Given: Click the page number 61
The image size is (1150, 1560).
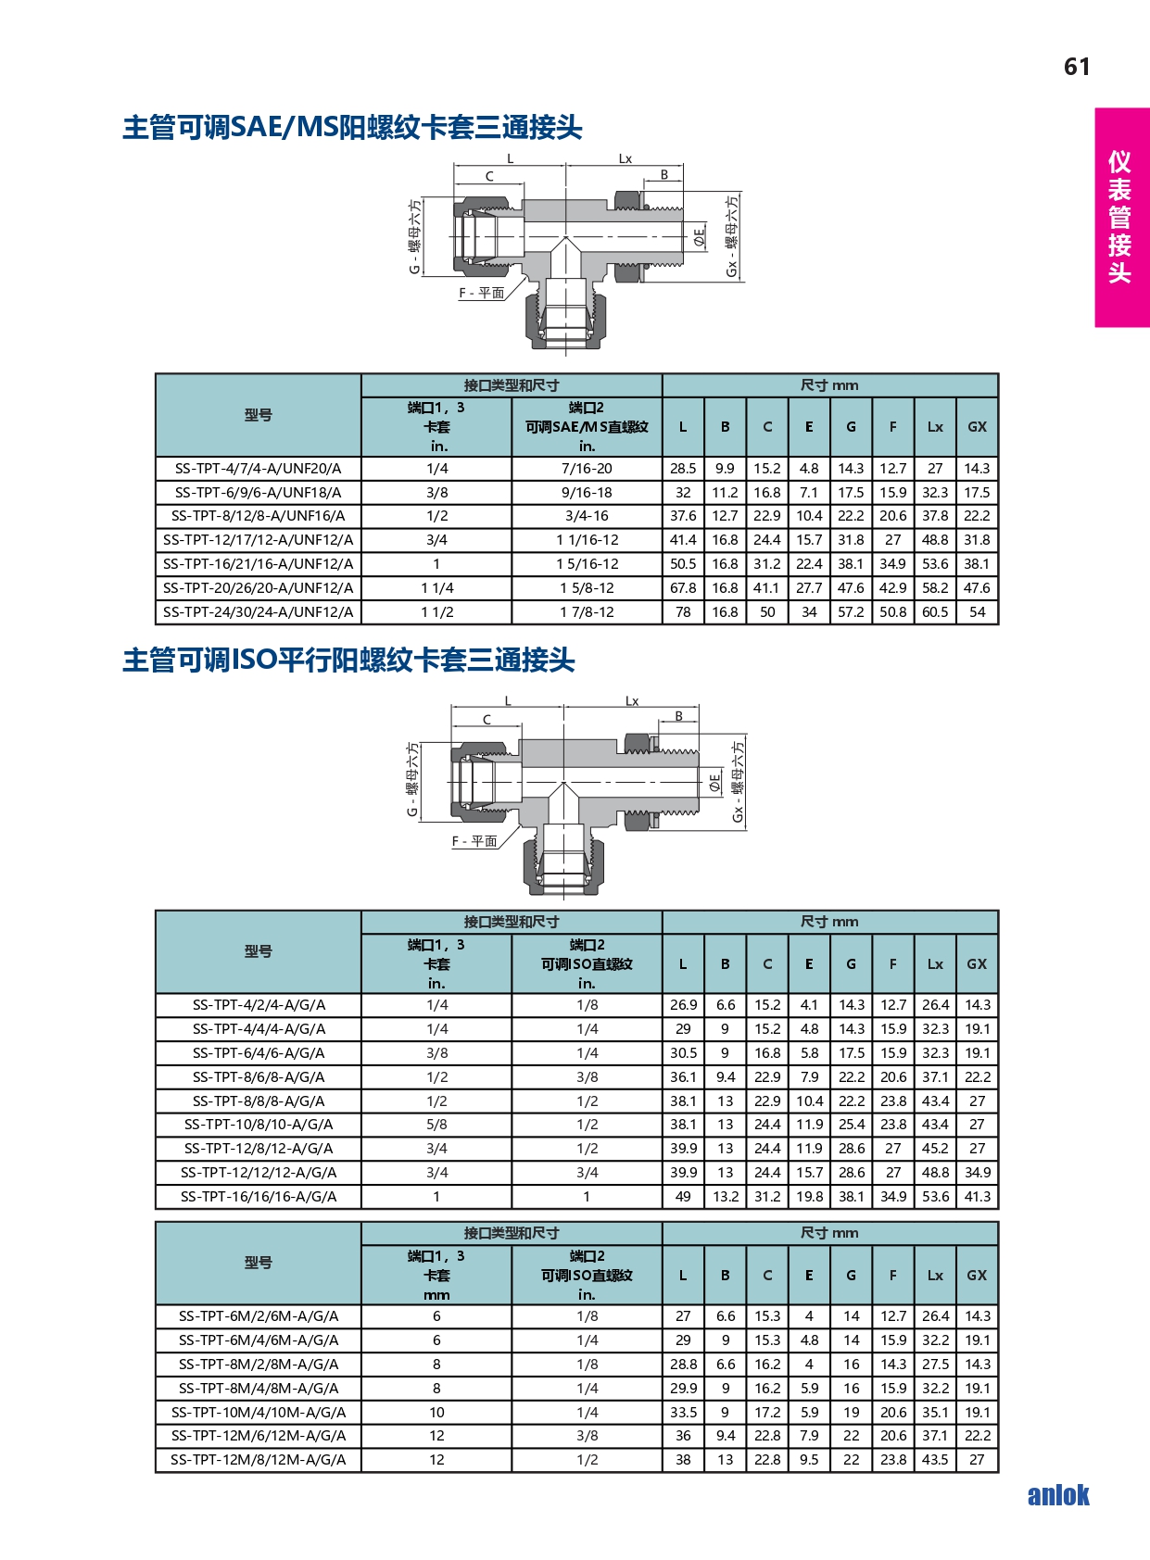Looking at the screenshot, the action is click(1076, 66).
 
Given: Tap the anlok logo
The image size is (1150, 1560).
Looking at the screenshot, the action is click(1058, 1494).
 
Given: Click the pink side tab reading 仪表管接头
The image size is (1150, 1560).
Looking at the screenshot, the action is click(1121, 218).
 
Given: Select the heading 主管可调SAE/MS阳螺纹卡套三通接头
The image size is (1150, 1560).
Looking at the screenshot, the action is click(352, 128).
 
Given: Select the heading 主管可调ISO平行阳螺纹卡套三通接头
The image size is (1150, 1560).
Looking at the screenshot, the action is click(348, 660).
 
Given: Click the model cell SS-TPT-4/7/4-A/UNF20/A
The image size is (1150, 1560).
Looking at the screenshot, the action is click(258, 469).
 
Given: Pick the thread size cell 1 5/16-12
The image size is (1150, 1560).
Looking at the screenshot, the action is click(587, 564).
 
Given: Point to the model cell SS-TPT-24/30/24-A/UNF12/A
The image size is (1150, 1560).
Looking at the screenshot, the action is click(258, 612).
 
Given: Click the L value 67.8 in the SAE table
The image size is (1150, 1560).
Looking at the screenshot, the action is click(683, 588).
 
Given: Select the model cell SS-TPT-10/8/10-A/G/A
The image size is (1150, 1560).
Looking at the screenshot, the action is click(258, 1125).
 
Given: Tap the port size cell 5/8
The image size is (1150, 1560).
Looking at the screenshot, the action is click(436, 1125).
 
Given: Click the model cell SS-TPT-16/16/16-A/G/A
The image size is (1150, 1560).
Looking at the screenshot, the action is click(258, 1197).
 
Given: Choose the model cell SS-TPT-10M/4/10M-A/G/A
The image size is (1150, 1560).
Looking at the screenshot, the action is click(258, 1413).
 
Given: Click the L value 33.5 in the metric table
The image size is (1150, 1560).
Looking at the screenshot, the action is click(683, 1413).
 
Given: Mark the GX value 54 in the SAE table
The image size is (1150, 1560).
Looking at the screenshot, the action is click(977, 612).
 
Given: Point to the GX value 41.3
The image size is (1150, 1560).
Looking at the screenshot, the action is click(977, 1197).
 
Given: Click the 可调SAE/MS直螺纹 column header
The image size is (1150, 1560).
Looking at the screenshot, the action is click(587, 427).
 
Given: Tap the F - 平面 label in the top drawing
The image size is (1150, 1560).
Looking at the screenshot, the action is click(481, 294).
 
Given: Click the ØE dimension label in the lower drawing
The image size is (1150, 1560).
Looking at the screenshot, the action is click(715, 783).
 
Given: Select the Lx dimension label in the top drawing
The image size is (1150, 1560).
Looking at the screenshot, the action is click(625, 158).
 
